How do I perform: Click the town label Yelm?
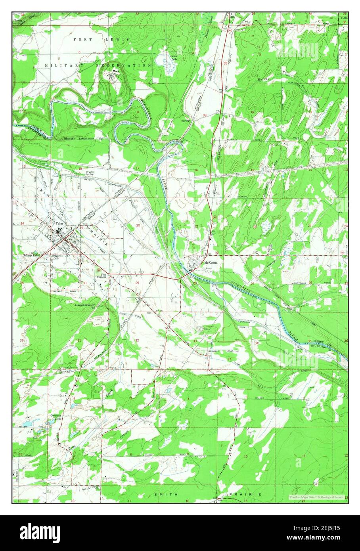pos(59,224)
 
